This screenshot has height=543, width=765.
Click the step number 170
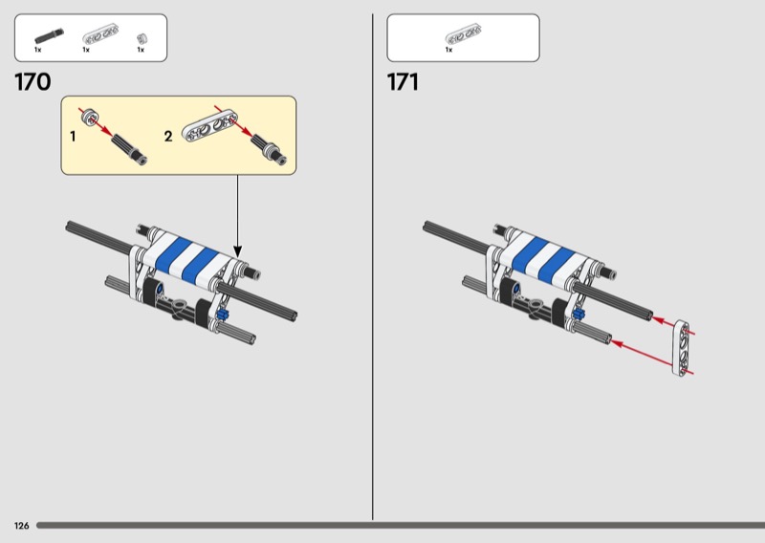click(x=33, y=82)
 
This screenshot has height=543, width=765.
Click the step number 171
click(x=403, y=82)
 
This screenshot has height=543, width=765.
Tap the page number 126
click(x=21, y=526)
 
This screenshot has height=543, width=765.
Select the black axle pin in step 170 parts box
click(x=49, y=36)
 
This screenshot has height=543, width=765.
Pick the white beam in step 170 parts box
click(x=101, y=34)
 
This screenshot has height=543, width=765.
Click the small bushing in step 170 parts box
click(x=142, y=39)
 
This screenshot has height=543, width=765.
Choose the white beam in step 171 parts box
click(x=463, y=34)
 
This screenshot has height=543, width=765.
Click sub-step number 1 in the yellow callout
click(x=73, y=136)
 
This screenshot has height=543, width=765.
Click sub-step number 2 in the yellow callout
click(x=168, y=136)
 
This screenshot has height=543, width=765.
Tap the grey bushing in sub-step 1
click(x=90, y=117)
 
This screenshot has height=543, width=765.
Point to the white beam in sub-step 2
click(x=209, y=126)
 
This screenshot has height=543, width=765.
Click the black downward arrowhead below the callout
click(x=237, y=251)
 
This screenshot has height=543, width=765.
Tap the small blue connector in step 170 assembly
click(x=223, y=314)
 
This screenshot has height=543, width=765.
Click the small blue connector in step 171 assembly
click(x=579, y=314)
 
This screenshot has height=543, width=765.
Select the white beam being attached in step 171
click(x=682, y=348)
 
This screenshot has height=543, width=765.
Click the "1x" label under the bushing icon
click(x=141, y=50)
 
